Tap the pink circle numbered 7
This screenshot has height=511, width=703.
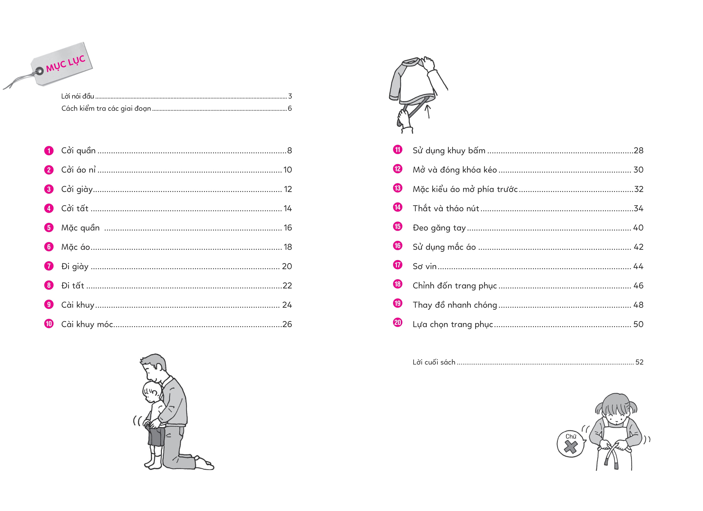pyautogui.click(x=49, y=266)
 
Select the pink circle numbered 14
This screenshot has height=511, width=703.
pyautogui.click(x=397, y=207)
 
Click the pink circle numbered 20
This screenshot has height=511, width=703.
pyautogui.click(x=397, y=323)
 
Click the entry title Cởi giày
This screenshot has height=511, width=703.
pyautogui.click(x=77, y=189)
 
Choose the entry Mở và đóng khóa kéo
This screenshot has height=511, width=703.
pyautogui.click(x=455, y=170)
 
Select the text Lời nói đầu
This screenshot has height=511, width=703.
pyautogui.click(x=78, y=96)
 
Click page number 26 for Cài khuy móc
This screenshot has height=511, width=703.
pyautogui.click(x=287, y=324)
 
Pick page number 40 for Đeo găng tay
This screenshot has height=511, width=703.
pyautogui.click(x=638, y=228)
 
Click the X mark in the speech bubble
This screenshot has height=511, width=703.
pyautogui.click(x=570, y=447)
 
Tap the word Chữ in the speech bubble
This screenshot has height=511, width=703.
pyautogui.click(x=571, y=436)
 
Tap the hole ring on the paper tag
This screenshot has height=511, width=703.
pyautogui.click(x=39, y=71)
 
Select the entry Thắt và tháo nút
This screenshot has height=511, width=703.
pyautogui.click(x=446, y=209)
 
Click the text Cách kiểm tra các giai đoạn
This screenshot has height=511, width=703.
pyautogui.click(x=106, y=109)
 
